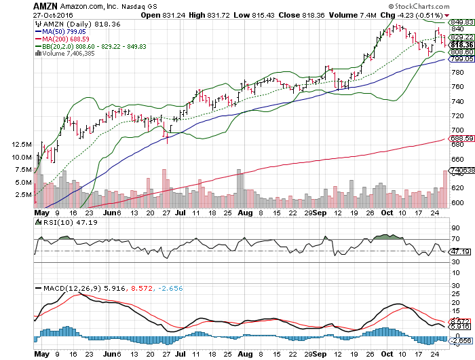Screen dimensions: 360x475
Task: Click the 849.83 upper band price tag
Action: pos(460,22)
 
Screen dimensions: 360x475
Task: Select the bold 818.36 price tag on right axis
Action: pos(460,45)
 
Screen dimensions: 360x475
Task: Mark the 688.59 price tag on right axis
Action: pos(460,139)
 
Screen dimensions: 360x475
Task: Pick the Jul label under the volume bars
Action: pos(180,212)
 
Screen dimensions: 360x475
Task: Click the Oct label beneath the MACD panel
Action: pos(387,354)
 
